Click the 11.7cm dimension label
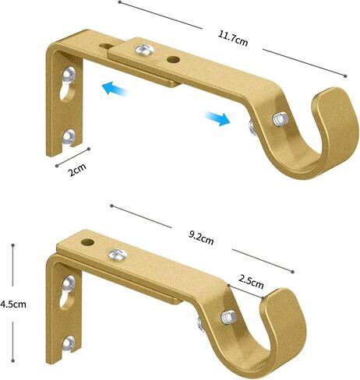[x=233, y=40]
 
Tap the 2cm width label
[x=77, y=170]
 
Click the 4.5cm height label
[x=13, y=304]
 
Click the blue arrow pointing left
[x=114, y=88]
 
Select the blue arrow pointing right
[x=217, y=118]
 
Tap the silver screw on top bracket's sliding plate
[x=144, y=50]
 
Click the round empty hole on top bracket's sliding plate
[x=173, y=60]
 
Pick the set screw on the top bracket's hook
[x=281, y=119]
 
